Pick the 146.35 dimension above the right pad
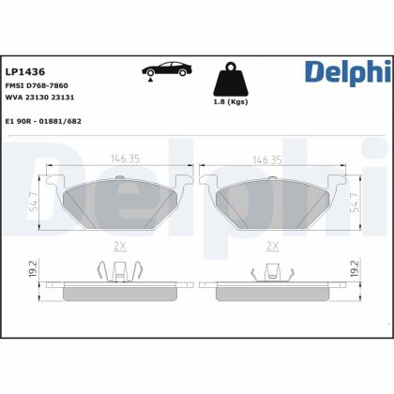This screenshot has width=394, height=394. [x=272, y=160]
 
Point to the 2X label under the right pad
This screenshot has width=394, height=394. [x=273, y=245]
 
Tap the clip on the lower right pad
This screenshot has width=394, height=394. [x=273, y=273]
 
